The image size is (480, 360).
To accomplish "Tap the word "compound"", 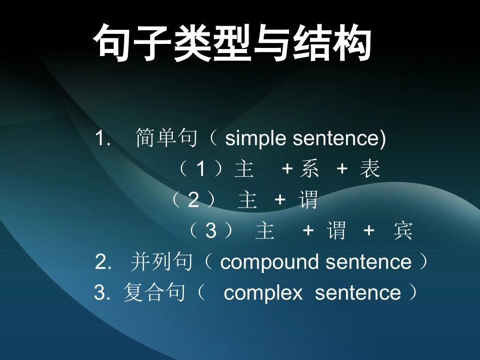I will [x=270, y=262].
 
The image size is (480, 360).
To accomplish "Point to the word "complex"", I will [x=263, y=293].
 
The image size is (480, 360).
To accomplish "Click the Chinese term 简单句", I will [x=166, y=138].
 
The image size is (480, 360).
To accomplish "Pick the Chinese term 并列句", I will [x=162, y=262].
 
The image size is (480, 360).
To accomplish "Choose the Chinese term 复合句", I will [x=154, y=293].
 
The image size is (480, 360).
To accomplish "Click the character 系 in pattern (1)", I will [x=309, y=170].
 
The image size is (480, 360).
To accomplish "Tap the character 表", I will [x=370, y=170].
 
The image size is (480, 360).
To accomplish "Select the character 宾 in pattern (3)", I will [x=403, y=231].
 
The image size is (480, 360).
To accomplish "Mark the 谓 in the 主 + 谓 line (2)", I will [x=308, y=200].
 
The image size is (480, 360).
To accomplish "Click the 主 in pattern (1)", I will [x=244, y=170].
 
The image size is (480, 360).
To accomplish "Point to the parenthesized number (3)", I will [x=211, y=231].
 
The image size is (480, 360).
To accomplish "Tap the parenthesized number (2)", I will [x=194, y=200].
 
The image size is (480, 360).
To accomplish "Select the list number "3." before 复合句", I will [x=102, y=293].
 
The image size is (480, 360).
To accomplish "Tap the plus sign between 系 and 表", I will [x=342, y=170].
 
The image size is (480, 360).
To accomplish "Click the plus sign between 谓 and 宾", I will [x=369, y=231].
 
